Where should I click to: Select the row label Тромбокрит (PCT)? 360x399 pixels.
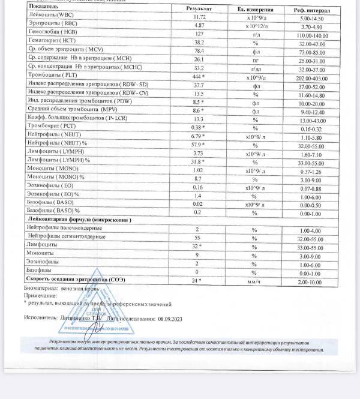[52, 127]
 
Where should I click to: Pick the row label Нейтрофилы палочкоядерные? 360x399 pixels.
[65, 229]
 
